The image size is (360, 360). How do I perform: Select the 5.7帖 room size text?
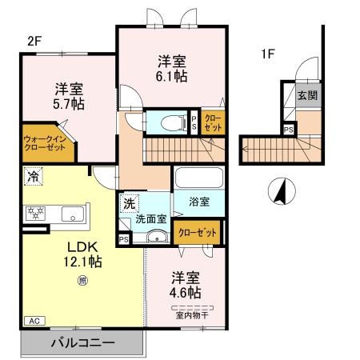coord(70,104)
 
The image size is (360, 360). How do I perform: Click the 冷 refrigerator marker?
coord(33,174)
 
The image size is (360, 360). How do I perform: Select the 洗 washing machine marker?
coord(129,203)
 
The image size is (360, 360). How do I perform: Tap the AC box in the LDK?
coord(34,321)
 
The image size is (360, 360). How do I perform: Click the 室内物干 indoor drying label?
coord(192,314)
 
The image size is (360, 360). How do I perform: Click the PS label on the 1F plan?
coord(287,128)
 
